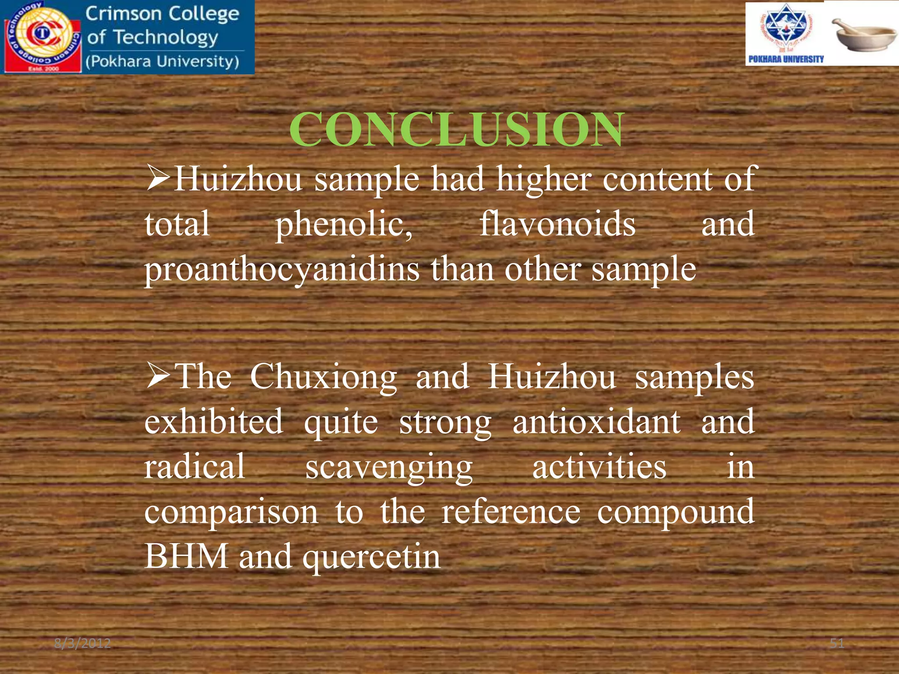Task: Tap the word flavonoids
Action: tap(557, 224)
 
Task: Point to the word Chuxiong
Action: tap(324, 377)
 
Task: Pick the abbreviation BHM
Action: tap(186, 556)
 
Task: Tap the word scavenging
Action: tap(389, 468)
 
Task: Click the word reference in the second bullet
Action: tap(511, 512)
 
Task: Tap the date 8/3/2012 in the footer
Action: tap(83, 644)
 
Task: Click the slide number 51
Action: tap(837, 644)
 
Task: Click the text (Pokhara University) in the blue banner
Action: tap(162, 61)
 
